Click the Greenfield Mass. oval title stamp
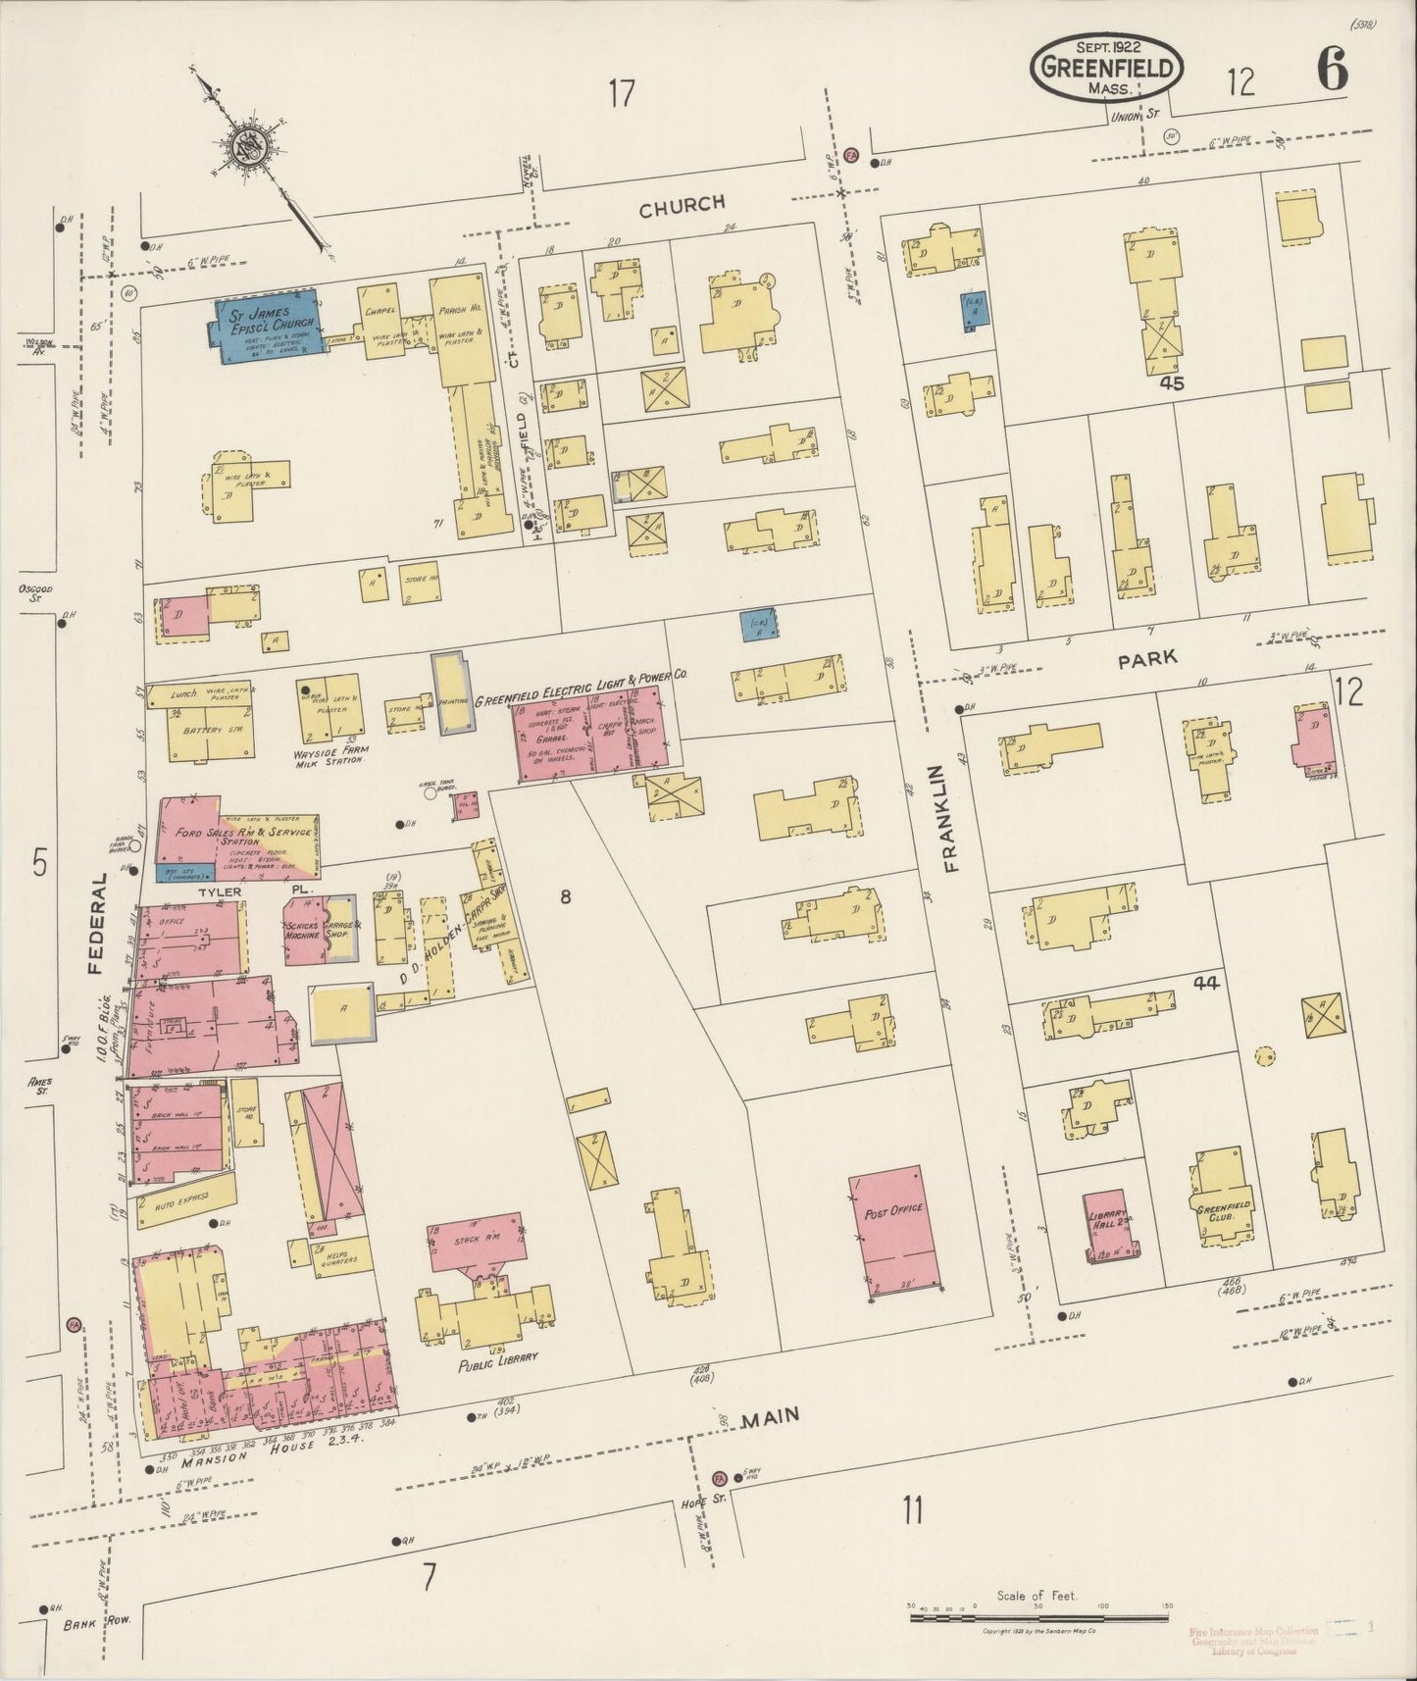[x=1106, y=67]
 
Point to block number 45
[x=1171, y=383]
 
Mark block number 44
[x=1205, y=982]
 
